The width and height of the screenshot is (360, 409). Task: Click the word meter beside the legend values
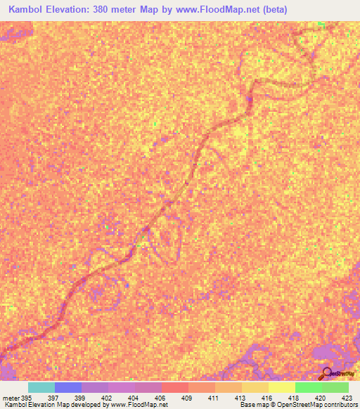click(x=13, y=398)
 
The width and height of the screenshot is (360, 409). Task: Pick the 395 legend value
click(x=28, y=398)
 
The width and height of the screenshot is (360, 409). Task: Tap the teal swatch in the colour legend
click(x=41, y=387)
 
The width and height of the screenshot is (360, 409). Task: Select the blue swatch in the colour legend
click(x=68, y=387)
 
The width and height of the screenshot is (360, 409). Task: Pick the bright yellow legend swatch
click(x=282, y=387)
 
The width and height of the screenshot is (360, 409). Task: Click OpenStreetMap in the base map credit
click(x=303, y=405)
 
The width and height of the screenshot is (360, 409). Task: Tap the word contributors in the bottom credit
click(x=341, y=405)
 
